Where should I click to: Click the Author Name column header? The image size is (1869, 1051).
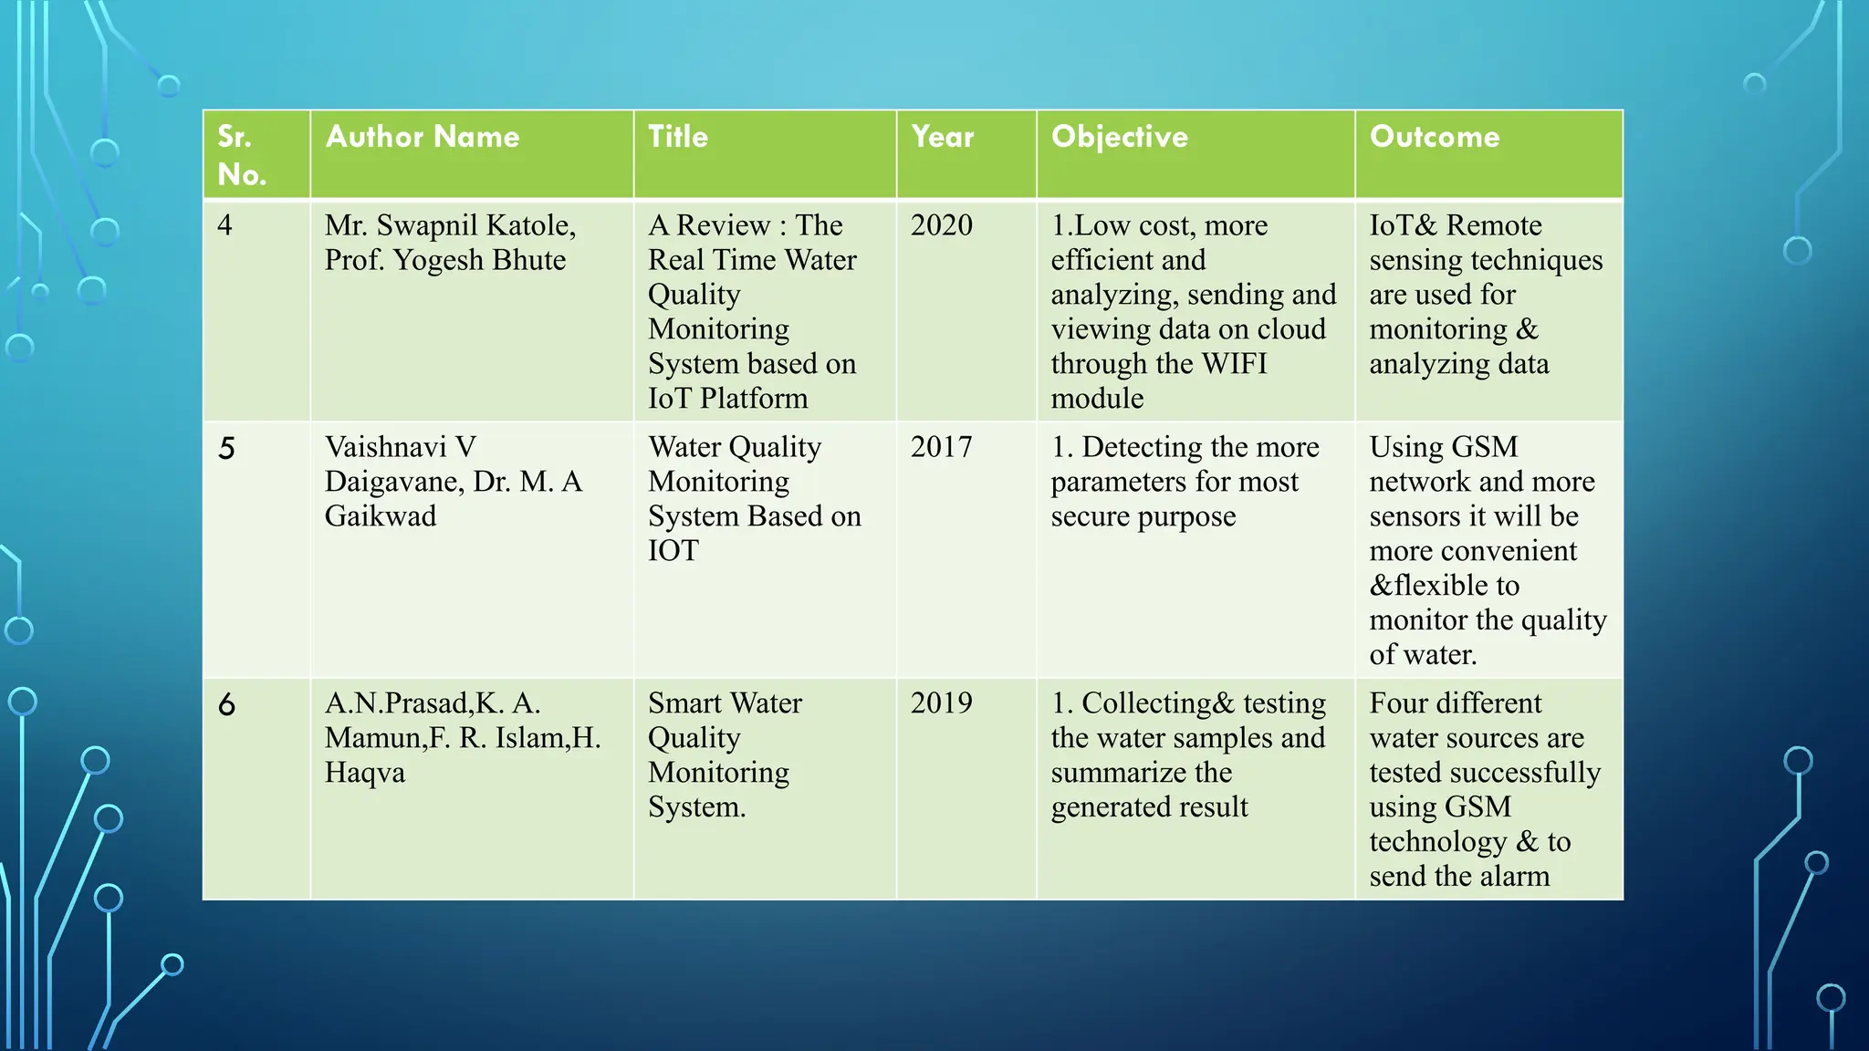(x=423, y=137)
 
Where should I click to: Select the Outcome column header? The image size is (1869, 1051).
(x=1434, y=137)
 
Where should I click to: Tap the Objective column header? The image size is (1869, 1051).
(x=1119, y=137)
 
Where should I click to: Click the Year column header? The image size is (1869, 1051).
(x=942, y=137)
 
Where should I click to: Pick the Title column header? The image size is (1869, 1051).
(x=677, y=137)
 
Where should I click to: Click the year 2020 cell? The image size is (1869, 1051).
(x=941, y=225)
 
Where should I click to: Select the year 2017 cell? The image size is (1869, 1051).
(x=941, y=447)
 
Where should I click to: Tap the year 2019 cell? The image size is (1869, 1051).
(x=941, y=703)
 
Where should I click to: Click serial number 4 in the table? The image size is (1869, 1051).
(x=224, y=225)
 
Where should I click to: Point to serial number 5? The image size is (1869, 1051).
(x=226, y=448)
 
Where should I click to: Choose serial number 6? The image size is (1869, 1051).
(x=226, y=704)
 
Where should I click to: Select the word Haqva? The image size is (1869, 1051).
(x=364, y=773)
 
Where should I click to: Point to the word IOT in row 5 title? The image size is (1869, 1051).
(x=673, y=551)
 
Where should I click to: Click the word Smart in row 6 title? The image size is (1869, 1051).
(x=687, y=703)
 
